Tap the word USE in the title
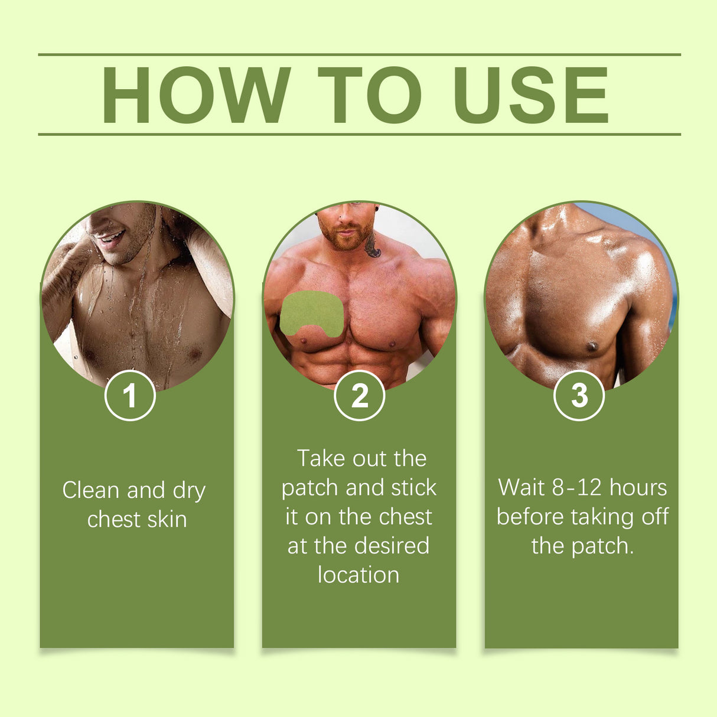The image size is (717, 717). pyautogui.click(x=530, y=95)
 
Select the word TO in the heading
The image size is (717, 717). pyautogui.click(x=370, y=95)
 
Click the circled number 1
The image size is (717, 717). pyautogui.click(x=130, y=395)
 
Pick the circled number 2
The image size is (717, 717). pyautogui.click(x=359, y=395)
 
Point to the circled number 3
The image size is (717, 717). pyautogui.click(x=579, y=395)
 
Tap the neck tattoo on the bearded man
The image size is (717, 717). pyautogui.click(x=373, y=245)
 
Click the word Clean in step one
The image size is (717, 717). pyautogui.click(x=91, y=490)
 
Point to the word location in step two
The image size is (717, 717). pyautogui.click(x=358, y=575)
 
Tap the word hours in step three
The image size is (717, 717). pyautogui.click(x=638, y=488)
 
